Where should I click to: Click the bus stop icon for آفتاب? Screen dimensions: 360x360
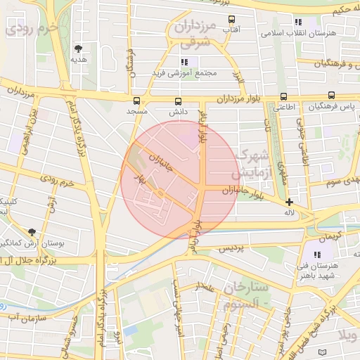(x=231, y=20)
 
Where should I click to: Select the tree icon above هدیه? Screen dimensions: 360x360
(x=78, y=49)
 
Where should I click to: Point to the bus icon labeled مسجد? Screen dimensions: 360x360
(x=136, y=101)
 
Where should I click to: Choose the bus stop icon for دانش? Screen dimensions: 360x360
(x=177, y=101)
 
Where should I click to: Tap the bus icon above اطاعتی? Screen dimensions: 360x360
(x=283, y=96)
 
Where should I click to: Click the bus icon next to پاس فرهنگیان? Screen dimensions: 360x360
(x=330, y=96)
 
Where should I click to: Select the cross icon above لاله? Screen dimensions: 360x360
(x=288, y=202)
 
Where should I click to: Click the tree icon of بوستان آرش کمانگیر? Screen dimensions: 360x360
(x=32, y=231)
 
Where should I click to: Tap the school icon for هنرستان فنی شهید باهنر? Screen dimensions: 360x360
(x=316, y=255)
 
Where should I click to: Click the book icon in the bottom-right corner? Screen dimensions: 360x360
(x=322, y=352)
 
